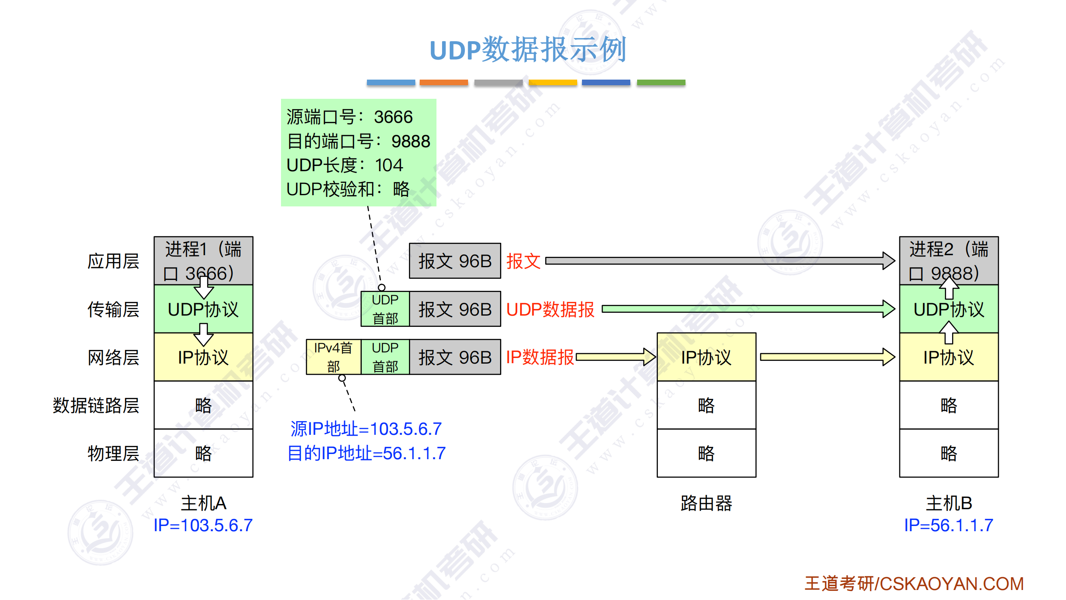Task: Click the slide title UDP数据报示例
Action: point(528,50)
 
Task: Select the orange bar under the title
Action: point(444,82)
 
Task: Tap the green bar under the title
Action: point(661,82)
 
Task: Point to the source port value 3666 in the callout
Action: point(393,117)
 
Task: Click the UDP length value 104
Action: point(389,165)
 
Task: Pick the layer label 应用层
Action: point(113,261)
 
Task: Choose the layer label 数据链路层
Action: point(96,405)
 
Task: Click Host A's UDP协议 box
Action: point(203,309)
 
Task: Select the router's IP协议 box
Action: point(706,357)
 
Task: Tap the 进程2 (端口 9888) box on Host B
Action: point(948,261)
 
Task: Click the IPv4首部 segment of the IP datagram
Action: point(333,357)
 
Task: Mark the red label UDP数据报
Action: point(550,310)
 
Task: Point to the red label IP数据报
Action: point(540,357)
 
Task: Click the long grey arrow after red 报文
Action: point(720,261)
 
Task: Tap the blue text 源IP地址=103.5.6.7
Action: point(366,429)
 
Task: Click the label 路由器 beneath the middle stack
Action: point(706,504)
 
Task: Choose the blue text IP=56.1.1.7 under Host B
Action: point(948,526)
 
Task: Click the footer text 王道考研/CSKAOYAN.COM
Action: point(914,584)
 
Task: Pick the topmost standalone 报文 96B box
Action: point(455,261)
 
